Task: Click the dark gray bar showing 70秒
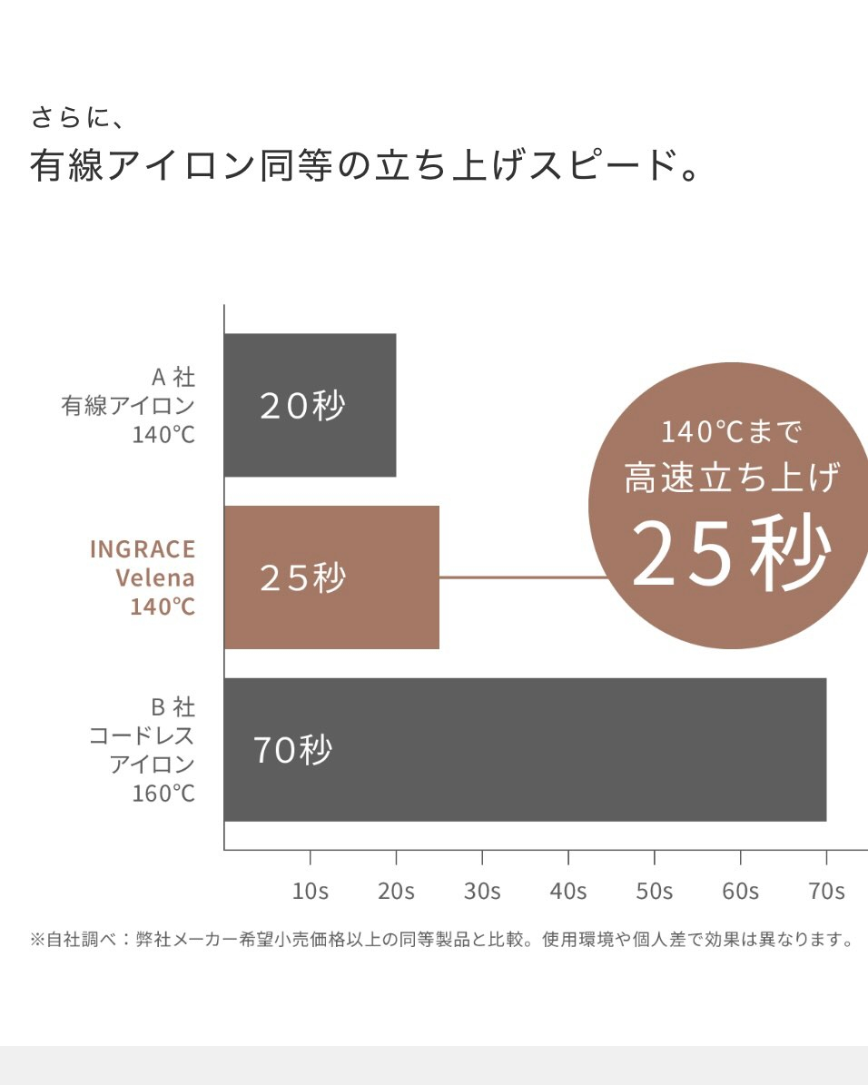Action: click(x=525, y=749)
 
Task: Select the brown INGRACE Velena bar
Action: click(x=331, y=577)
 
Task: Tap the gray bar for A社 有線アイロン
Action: click(x=310, y=405)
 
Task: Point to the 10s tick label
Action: click(x=311, y=891)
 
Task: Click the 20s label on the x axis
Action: click(x=396, y=891)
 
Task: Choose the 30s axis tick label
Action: click(x=482, y=891)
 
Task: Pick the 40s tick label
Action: click(x=568, y=891)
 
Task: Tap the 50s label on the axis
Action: click(x=655, y=891)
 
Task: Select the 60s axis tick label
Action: click(x=740, y=891)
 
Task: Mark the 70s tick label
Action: click(x=826, y=891)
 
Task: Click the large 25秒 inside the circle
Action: click(x=731, y=554)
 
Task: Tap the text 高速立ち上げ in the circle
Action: click(x=731, y=478)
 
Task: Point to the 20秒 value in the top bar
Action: click(x=302, y=406)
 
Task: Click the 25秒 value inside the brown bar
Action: click(x=302, y=578)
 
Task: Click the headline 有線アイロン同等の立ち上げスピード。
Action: click(x=363, y=168)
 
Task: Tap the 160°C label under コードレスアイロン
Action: click(x=163, y=794)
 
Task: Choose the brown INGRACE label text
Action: click(x=143, y=549)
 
